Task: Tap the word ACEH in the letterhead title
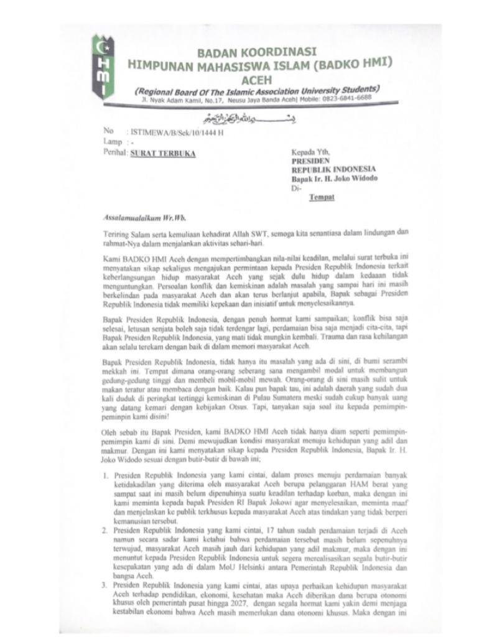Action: tap(256, 78)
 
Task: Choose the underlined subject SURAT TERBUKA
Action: tap(162, 152)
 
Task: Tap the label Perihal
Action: tap(114, 152)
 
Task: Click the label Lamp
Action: tap(113, 142)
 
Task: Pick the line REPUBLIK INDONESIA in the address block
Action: tap(333, 169)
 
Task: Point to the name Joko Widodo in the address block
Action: tap(355, 179)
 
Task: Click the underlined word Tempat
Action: tap(322, 197)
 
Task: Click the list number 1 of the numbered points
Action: tap(105, 475)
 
